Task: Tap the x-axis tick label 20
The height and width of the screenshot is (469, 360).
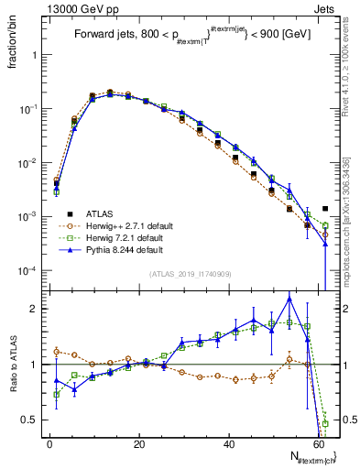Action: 139,443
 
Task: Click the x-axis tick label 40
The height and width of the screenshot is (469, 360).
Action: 228,443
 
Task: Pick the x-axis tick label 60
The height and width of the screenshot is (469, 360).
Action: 318,443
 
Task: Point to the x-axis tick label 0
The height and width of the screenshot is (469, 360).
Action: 49,443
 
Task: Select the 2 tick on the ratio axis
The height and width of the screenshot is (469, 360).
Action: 34,309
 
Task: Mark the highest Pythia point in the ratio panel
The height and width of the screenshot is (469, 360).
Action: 289,298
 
